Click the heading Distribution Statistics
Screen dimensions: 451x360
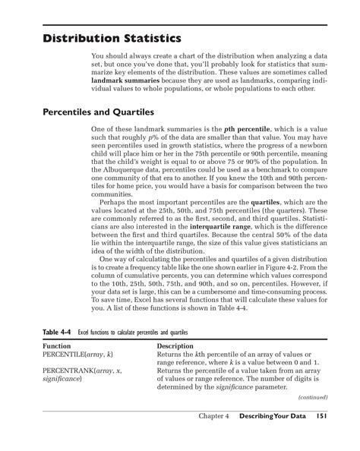click(x=111, y=36)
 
